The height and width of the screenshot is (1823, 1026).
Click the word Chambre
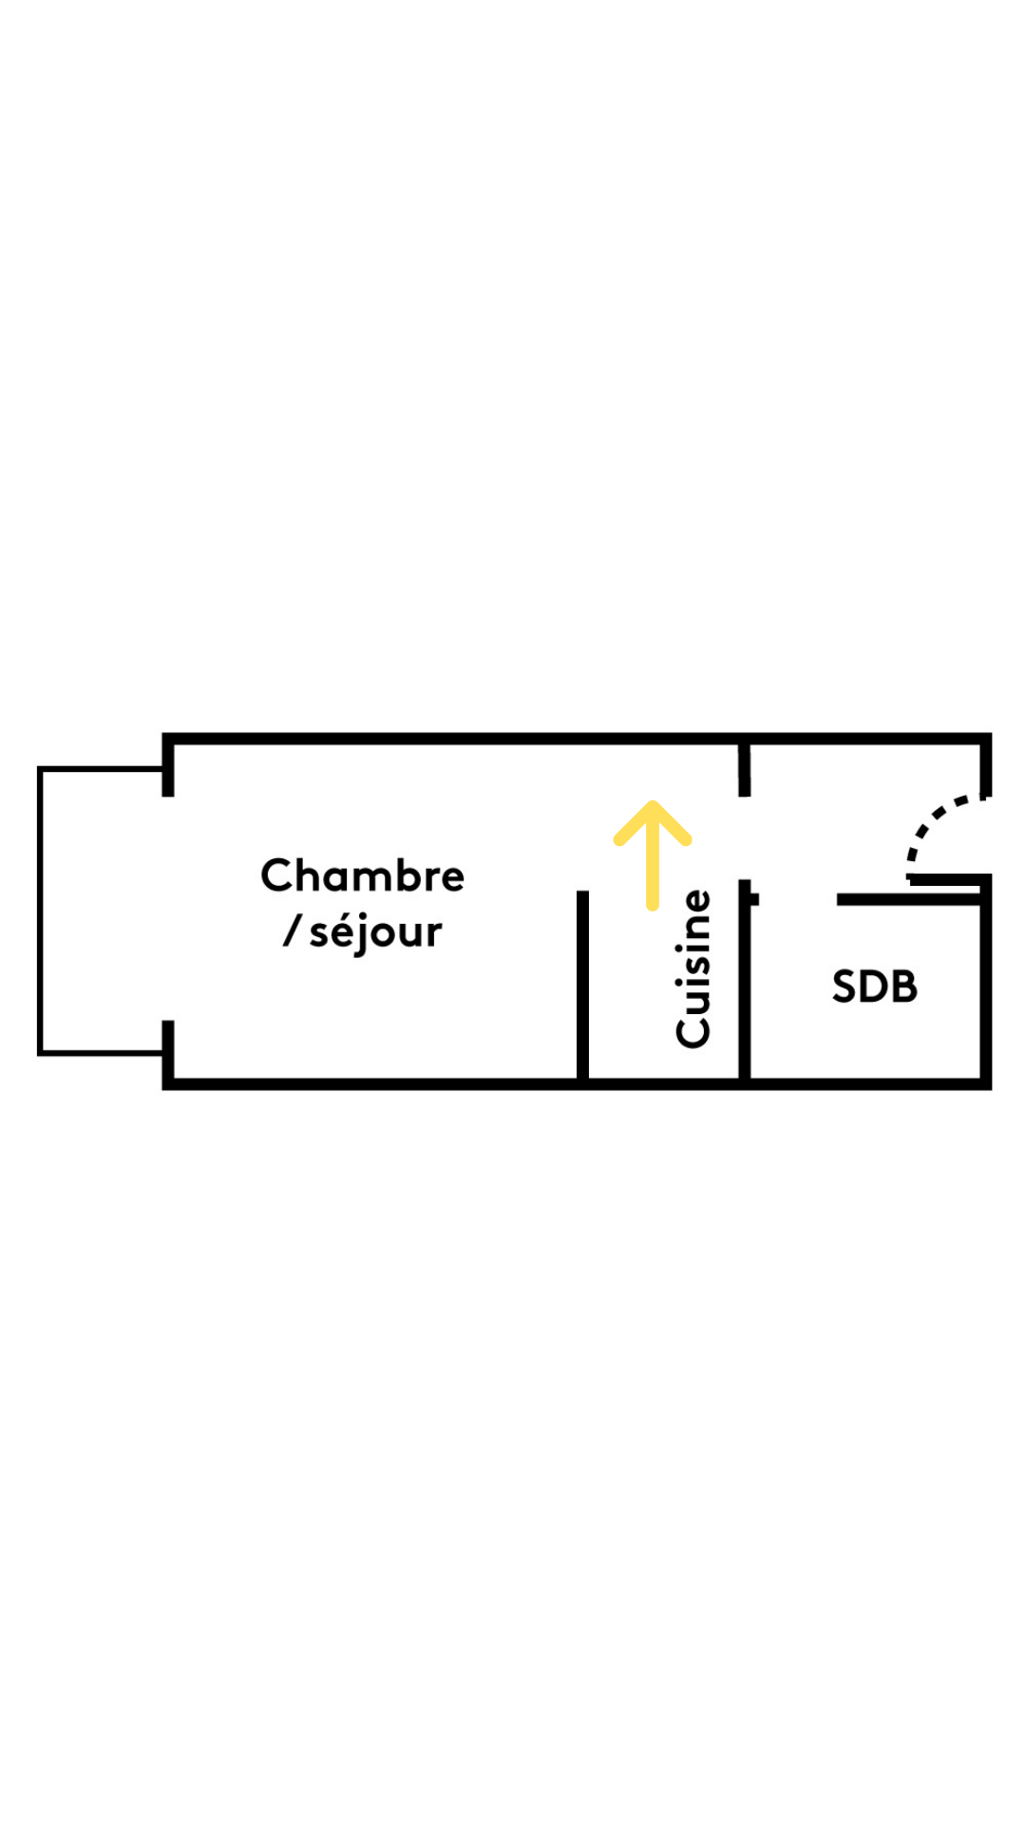coord(362,875)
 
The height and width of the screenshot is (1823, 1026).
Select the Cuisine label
coord(693,968)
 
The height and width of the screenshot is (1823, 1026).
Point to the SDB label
coord(874,987)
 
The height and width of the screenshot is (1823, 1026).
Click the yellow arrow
coord(653,855)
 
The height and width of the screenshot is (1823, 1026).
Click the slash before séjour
coord(292,930)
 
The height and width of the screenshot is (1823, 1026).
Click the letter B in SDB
coord(905,987)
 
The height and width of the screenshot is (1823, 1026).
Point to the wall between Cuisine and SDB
coord(745,987)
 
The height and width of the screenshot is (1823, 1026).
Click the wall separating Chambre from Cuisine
coord(582,987)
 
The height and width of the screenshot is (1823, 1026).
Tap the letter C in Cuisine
coord(693,1031)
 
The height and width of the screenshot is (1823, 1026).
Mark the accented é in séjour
coord(346,930)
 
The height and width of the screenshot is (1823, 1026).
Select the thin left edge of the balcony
coord(40,910)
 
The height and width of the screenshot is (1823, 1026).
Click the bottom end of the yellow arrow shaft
coord(653,905)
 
